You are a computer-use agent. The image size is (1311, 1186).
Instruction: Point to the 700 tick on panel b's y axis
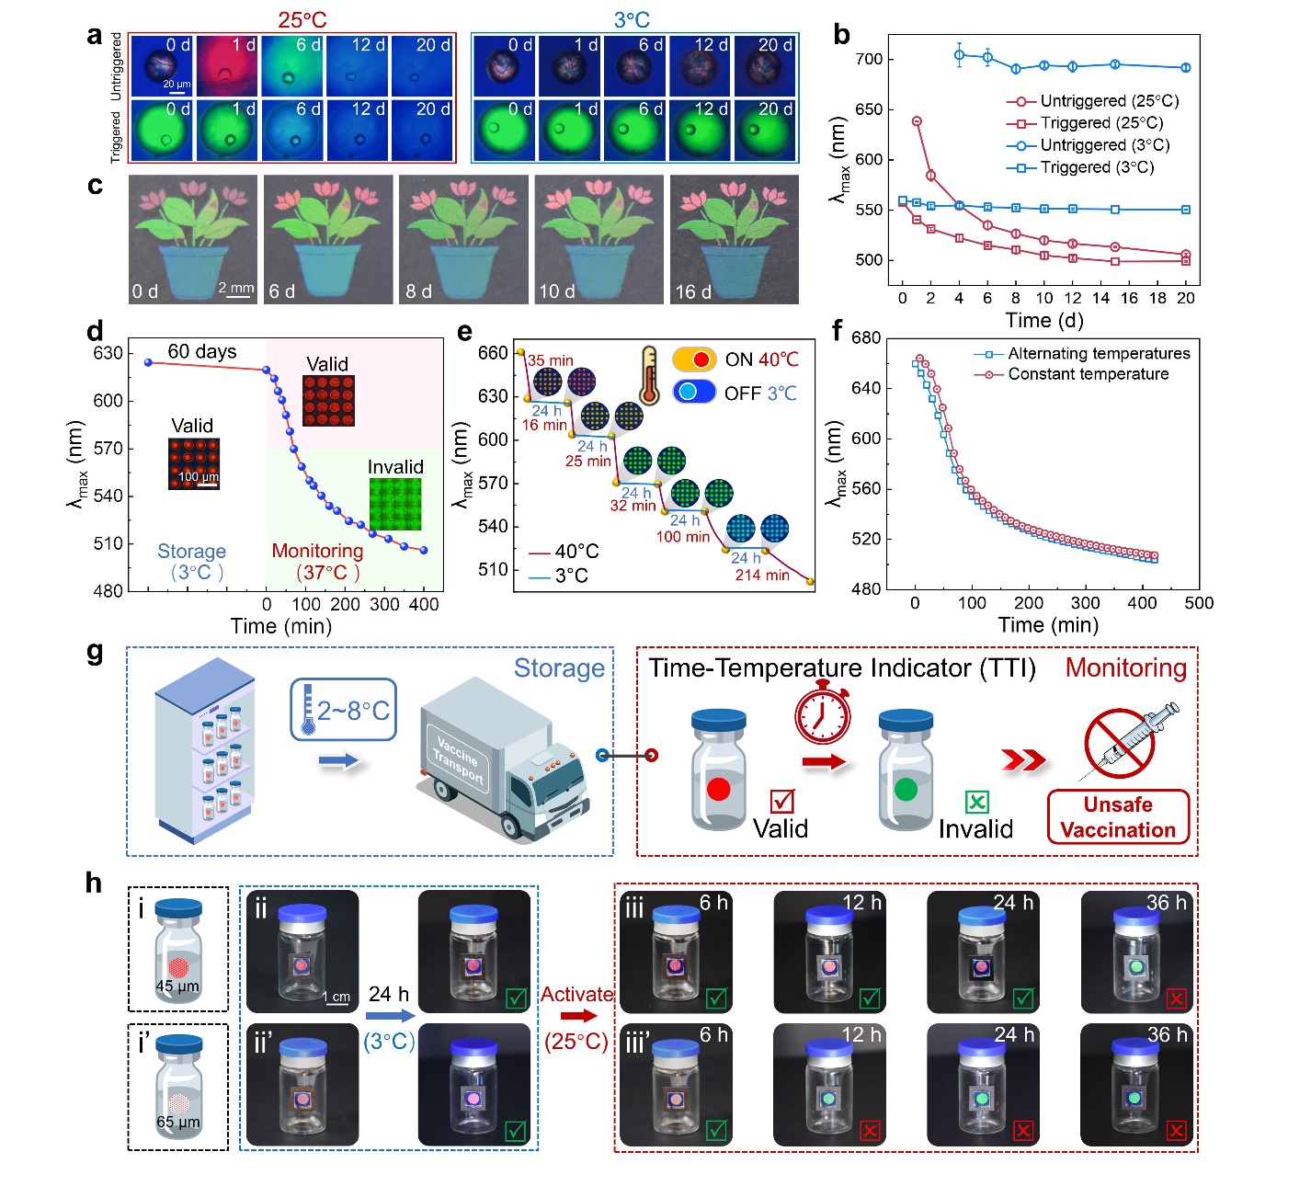click(x=869, y=60)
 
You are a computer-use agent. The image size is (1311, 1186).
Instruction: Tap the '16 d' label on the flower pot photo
click(x=693, y=291)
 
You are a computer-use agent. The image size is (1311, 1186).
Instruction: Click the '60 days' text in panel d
click(x=201, y=351)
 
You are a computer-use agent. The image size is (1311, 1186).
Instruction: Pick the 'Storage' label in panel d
click(x=191, y=551)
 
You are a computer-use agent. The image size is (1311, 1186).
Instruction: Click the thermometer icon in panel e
click(x=650, y=375)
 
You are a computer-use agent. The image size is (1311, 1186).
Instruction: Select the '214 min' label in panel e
click(x=762, y=575)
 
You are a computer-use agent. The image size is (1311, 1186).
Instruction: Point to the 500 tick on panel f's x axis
click(x=1199, y=603)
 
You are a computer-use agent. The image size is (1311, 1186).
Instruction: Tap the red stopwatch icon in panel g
click(x=822, y=712)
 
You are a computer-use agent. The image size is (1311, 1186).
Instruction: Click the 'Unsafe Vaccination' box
click(x=1118, y=817)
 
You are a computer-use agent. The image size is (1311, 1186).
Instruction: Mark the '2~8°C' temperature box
click(x=344, y=710)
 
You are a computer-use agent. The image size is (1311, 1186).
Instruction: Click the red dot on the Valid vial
click(x=719, y=788)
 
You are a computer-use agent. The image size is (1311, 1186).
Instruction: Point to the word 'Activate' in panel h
click(x=576, y=994)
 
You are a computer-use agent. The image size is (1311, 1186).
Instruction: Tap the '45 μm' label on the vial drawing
click(x=177, y=986)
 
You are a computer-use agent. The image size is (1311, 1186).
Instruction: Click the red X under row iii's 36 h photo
click(x=1176, y=998)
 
